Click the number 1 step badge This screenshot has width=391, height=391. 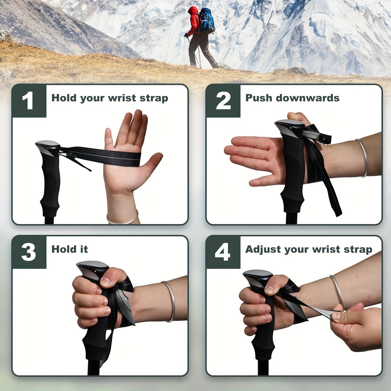coord(29,101)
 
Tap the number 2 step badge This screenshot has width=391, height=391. coord(223,101)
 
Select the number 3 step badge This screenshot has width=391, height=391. coord(29,252)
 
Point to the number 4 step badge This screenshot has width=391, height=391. coord(223,252)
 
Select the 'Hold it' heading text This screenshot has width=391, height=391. coord(70,249)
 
